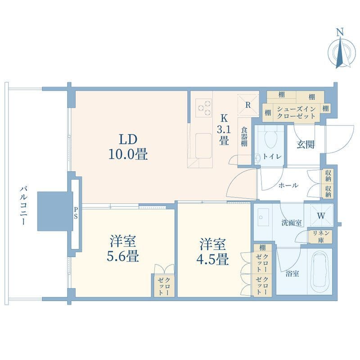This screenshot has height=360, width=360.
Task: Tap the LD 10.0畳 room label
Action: point(128,147)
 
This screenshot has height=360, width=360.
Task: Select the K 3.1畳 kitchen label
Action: point(224,130)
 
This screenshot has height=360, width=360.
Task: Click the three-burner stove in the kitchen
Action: point(204,108)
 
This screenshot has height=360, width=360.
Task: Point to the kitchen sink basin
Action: point(203,145)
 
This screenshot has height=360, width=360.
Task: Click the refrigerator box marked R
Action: point(248,105)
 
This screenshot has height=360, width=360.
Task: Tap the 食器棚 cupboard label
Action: point(244,137)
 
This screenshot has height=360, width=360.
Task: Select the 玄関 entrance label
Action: point(306,144)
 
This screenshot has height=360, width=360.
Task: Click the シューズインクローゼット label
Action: point(296,112)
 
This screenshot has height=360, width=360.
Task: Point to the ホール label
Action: point(288,185)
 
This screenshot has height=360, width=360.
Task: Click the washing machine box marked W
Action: point(321,216)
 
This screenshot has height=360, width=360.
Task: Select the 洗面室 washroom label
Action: point(292,223)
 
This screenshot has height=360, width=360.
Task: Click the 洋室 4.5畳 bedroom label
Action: point(212,252)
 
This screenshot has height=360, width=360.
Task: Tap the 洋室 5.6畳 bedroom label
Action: point(123,248)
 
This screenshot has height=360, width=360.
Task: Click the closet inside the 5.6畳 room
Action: point(164,285)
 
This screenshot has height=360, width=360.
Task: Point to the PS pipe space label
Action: point(76,212)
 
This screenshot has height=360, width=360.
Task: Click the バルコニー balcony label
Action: point(24,206)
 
